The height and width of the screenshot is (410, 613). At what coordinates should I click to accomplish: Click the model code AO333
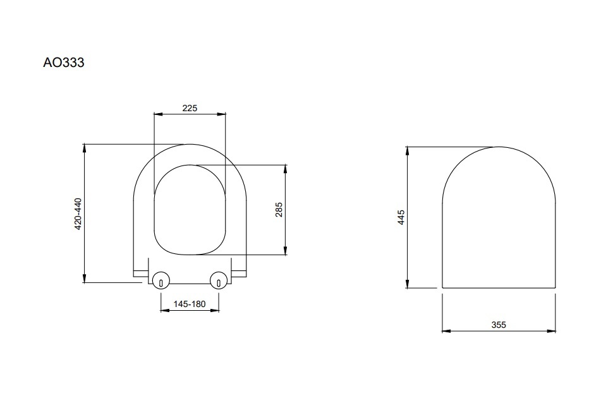tap(63, 63)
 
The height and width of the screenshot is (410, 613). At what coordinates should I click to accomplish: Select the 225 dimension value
tap(190, 108)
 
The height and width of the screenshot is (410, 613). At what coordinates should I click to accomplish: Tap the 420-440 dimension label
tap(78, 214)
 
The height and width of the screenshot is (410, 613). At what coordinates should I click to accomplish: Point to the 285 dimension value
tap(279, 210)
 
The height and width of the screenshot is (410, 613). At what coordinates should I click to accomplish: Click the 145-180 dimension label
tap(190, 304)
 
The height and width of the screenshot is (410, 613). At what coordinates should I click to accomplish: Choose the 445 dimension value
tap(401, 217)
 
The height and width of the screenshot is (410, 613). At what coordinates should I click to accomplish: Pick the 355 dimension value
tap(499, 325)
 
